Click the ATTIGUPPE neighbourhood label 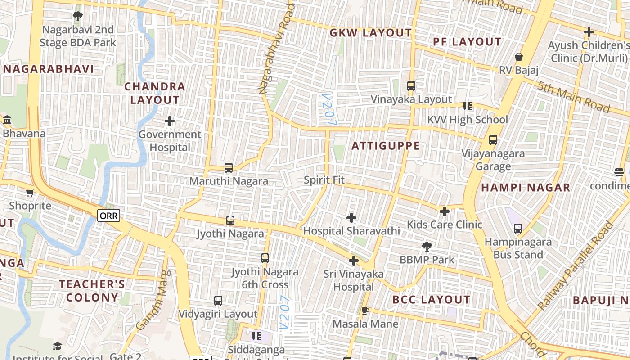coord(386,146)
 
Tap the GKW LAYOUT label coord(370,33)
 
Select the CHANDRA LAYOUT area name coord(155,93)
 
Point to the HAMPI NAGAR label coord(526,188)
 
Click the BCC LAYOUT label coord(431,300)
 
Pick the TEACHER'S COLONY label coord(92,291)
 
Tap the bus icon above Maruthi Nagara coord(229,168)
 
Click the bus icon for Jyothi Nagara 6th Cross coord(265,258)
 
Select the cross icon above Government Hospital coord(170,121)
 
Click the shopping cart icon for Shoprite coord(30,193)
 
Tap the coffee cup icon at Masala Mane coord(365,310)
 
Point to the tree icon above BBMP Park coord(427,246)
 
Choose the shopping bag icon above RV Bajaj coord(518,57)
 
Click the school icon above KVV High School coord(468,106)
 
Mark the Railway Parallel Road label coord(576,266)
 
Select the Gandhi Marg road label coord(153,300)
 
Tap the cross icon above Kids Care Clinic coord(445,211)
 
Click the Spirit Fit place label coord(324,180)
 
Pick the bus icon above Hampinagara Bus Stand coord(518,229)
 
